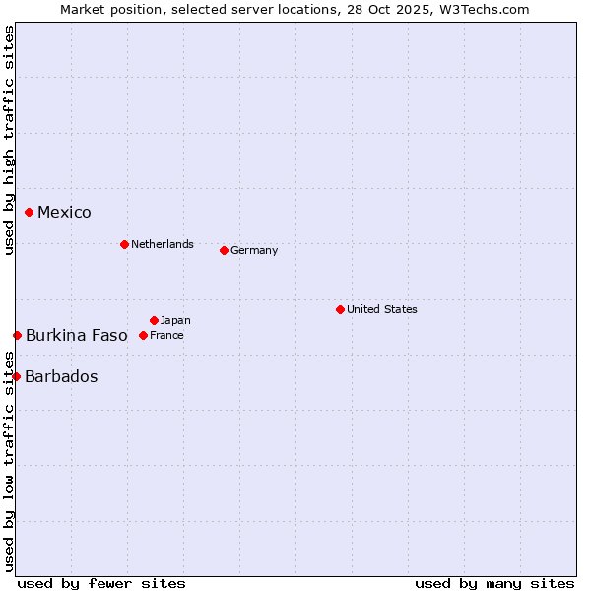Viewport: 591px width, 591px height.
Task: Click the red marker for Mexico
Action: pos(30,212)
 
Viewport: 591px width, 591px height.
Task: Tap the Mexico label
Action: pos(64,213)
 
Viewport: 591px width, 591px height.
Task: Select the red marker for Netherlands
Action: pos(124,244)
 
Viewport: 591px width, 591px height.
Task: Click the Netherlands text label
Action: pos(163,244)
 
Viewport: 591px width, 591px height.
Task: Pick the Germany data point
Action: pos(224,250)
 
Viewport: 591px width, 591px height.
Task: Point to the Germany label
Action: pos(254,250)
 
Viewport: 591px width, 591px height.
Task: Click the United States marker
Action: pos(340,309)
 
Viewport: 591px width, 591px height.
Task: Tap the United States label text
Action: pos(382,309)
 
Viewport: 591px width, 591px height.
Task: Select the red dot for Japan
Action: pos(154,320)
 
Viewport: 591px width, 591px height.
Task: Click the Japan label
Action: pos(175,320)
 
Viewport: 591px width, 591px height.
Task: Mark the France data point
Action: pos(143,335)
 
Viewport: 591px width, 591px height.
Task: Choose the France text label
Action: pos(166,335)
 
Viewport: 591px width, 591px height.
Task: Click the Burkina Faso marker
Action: pos(17,335)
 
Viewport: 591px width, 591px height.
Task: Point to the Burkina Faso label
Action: pos(77,335)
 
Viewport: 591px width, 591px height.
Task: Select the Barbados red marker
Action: pos(16,376)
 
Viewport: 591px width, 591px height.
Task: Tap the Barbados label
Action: pos(61,376)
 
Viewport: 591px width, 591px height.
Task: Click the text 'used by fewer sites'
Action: pos(101,583)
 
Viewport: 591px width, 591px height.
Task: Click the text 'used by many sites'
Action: pos(494,583)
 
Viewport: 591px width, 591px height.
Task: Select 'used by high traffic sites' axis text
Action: pos(9,140)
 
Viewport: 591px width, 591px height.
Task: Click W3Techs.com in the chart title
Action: pos(484,9)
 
